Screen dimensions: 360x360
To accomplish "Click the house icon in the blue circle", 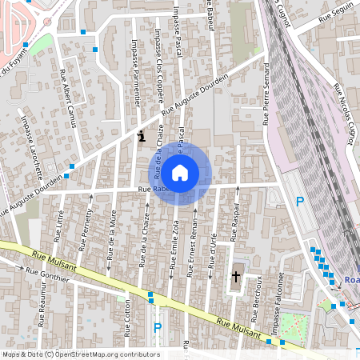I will (x=180, y=172).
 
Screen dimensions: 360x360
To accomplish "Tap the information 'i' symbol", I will (x=142, y=136).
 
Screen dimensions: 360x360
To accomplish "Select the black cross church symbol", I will (x=236, y=277).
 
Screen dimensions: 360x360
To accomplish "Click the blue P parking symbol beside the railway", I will (x=300, y=202).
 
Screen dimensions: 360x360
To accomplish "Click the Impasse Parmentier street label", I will (x=137, y=73).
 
